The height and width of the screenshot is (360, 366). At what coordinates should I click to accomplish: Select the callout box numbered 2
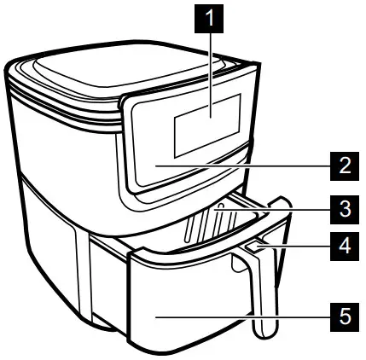(343, 165)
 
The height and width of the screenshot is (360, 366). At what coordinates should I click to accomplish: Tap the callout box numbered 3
(343, 207)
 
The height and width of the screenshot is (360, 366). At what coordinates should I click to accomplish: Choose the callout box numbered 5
(343, 316)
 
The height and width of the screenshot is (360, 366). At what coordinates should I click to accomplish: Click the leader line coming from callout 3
(282, 207)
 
